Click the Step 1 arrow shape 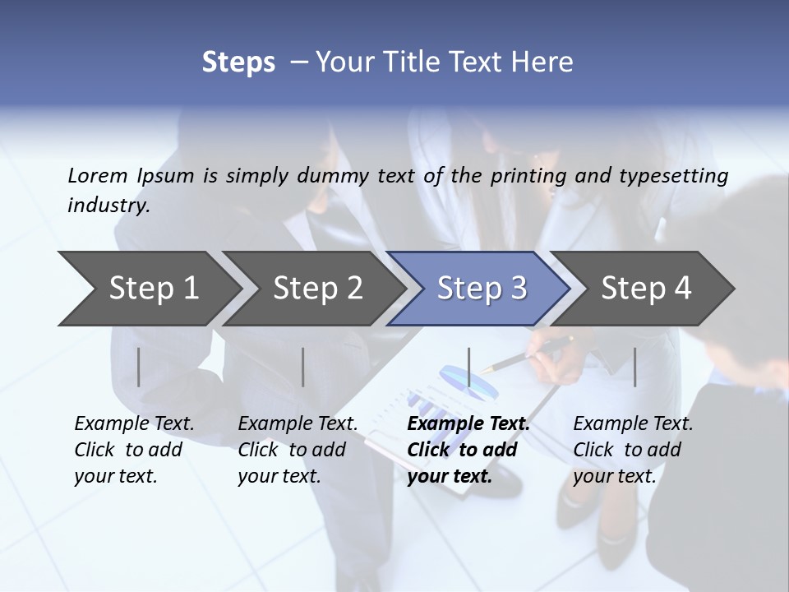(148, 289)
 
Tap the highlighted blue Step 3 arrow (481, 289)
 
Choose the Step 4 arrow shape (645, 289)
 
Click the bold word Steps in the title (238, 62)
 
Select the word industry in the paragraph (108, 206)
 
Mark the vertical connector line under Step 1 (139, 367)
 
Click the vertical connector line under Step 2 (303, 367)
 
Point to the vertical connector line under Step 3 (468, 367)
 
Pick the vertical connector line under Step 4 (634, 367)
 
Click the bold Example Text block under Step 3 (468, 450)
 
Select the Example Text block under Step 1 (134, 450)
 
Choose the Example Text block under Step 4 (633, 450)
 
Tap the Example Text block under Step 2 (298, 450)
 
